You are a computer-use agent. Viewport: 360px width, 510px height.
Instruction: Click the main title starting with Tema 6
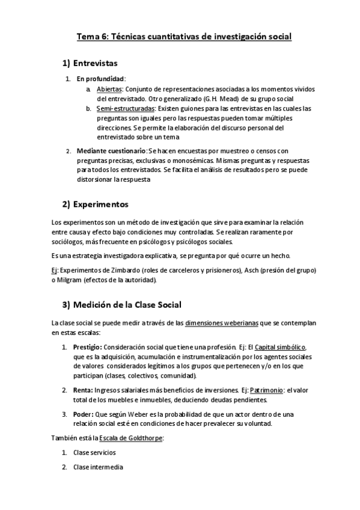pyautogui.click(x=184, y=37)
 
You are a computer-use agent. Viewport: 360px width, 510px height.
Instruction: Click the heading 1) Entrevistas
pyautogui.click(x=90, y=63)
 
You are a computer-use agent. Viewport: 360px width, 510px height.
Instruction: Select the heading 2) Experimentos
pyautogui.click(x=96, y=204)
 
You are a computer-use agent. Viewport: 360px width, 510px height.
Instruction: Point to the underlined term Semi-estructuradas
pyautogui.click(x=126, y=109)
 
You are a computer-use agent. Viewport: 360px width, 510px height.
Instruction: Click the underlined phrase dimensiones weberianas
pyautogui.click(x=222, y=323)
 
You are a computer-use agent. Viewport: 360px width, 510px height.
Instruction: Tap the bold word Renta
pyautogui.click(x=82, y=390)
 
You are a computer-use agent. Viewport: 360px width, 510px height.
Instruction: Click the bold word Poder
pyautogui.click(x=83, y=414)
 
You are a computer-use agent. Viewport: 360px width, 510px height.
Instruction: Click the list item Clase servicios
pyautogui.click(x=94, y=452)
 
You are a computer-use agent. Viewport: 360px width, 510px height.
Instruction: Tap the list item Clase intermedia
pyautogui.click(x=98, y=467)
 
